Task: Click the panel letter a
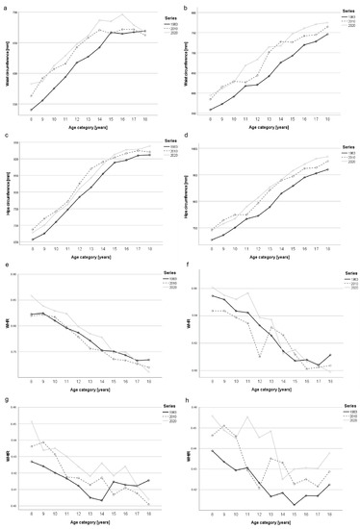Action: (x=6, y=6)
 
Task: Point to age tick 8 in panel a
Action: (x=31, y=118)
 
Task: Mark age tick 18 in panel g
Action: (x=147, y=513)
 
